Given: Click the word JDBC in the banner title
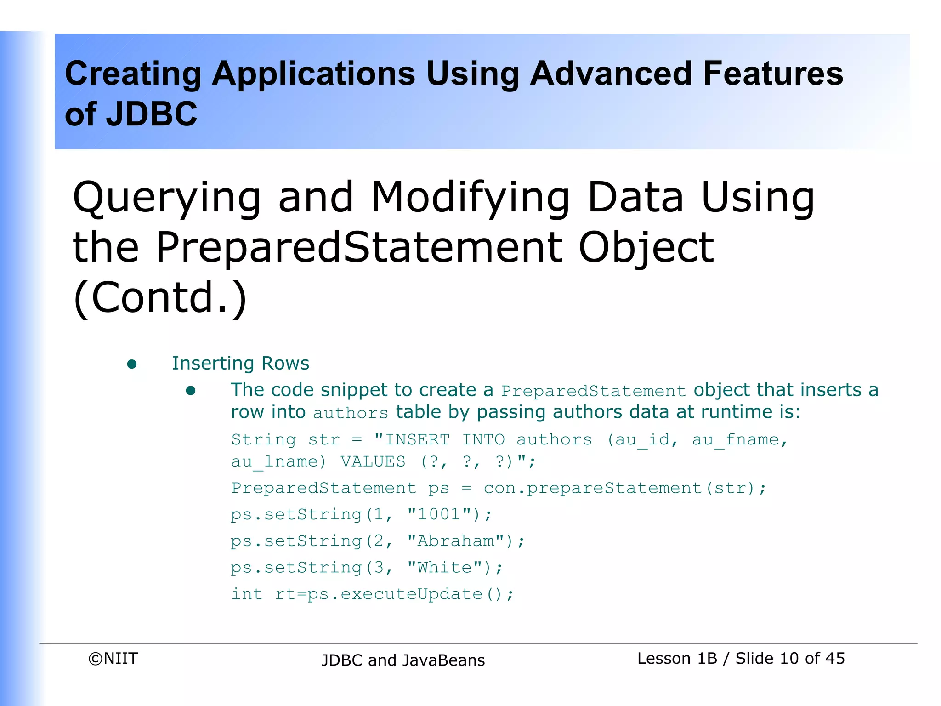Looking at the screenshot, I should coord(152,114).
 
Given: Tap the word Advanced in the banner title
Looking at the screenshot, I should coord(611,74).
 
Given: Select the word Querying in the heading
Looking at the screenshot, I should coord(167,198).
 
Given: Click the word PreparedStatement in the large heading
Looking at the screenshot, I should coord(359,247).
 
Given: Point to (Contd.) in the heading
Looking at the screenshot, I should coord(160,298).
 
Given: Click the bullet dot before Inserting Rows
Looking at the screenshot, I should coord(132,364).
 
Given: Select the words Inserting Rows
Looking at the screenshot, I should coord(240,363).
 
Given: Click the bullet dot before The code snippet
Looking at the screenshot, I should coord(191,391).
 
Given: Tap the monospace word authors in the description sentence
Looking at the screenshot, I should coord(351,413).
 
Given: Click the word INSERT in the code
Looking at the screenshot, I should coord(417,440).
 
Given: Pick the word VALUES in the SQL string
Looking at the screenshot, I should coord(373,461).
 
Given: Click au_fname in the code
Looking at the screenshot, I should coord(736,440).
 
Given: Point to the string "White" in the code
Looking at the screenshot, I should coord(444,568).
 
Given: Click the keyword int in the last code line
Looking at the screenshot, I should coord(247,594).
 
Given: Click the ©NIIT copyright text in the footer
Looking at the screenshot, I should coord(113,659).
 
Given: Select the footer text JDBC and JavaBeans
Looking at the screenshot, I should coord(403,660).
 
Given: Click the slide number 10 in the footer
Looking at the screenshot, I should coord(789,659).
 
